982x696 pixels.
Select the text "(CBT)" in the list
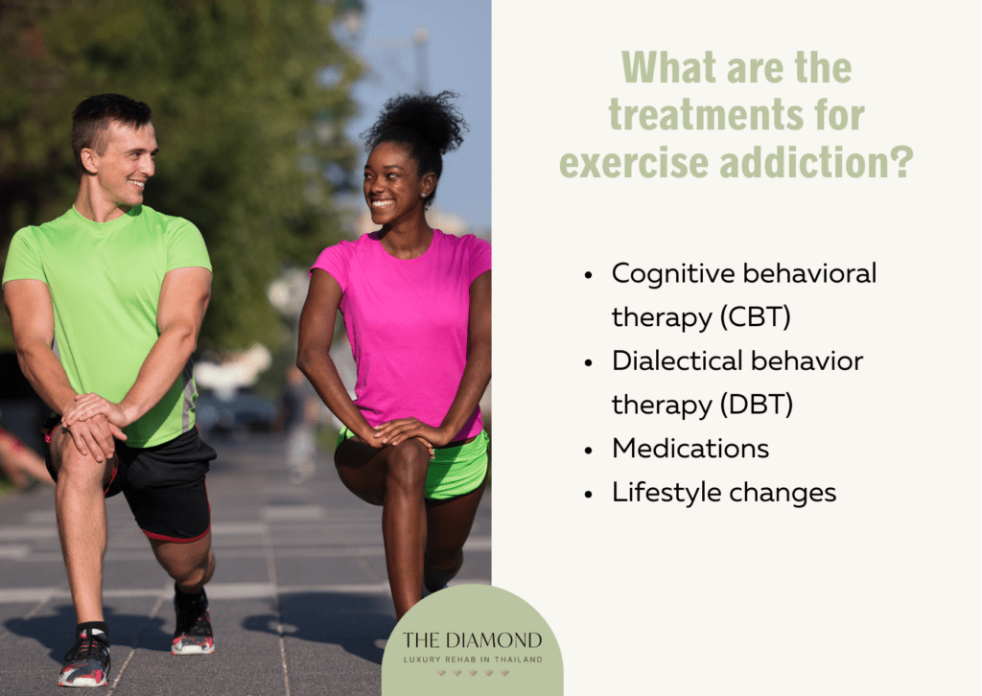tap(755, 316)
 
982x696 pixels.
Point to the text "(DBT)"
tap(756, 405)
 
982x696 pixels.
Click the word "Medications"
tap(690, 448)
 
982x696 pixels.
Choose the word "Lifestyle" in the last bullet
tap(666, 493)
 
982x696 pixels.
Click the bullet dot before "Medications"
tap(588, 450)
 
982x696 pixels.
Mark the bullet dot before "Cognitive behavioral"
tap(588, 275)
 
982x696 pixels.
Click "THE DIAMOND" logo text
tap(472, 639)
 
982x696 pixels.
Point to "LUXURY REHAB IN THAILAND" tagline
tap(473, 660)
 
